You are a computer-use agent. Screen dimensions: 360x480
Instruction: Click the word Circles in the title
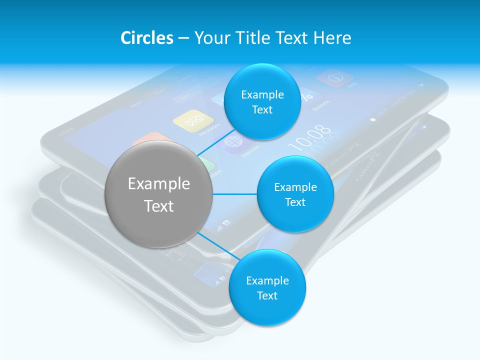pyautogui.click(x=146, y=38)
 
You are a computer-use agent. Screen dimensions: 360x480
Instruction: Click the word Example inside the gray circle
pyautogui.click(x=159, y=184)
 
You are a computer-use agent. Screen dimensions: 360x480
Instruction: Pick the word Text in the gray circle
pyautogui.click(x=159, y=206)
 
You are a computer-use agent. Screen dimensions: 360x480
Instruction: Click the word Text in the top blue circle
pyautogui.click(x=262, y=110)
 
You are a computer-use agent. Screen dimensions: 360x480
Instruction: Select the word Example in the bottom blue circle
pyautogui.click(x=267, y=281)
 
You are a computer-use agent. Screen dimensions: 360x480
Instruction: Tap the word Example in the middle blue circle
pyautogui.click(x=295, y=187)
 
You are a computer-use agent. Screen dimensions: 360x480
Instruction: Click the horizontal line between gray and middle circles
pyautogui.click(x=235, y=194)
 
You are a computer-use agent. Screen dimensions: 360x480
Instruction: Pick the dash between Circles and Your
pyautogui.click(x=183, y=38)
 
